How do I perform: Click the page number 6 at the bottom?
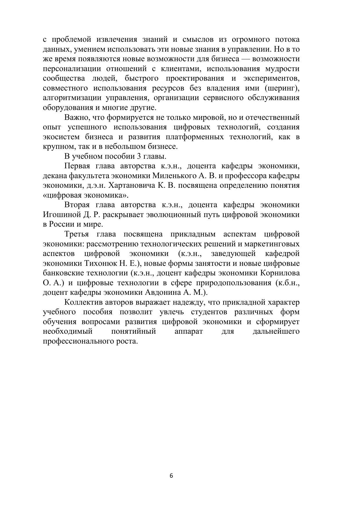(x=171, y=476)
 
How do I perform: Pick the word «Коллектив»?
(x=83, y=302)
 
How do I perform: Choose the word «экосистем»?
(x=61, y=137)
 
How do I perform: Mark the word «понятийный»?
(x=133, y=331)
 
